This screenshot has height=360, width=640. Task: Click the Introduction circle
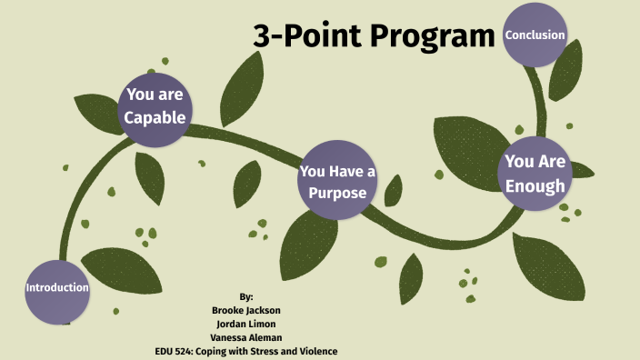tap(57, 289)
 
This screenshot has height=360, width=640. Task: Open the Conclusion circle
tap(535, 35)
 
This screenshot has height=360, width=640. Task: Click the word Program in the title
tap(421, 37)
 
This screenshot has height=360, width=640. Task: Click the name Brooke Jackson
tap(246, 310)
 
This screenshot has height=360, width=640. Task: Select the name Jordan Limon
tap(246, 324)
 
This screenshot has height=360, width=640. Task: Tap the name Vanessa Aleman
tap(246, 337)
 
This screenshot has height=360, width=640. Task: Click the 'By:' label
tap(246, 297)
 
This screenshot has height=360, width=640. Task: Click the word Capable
tap(155, 117)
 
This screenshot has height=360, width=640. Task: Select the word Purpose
tap(336, 193)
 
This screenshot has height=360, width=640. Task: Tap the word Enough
tap(535, 186)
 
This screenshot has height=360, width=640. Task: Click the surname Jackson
tap(262, 310)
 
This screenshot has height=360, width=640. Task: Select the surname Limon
tap(265, 324)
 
